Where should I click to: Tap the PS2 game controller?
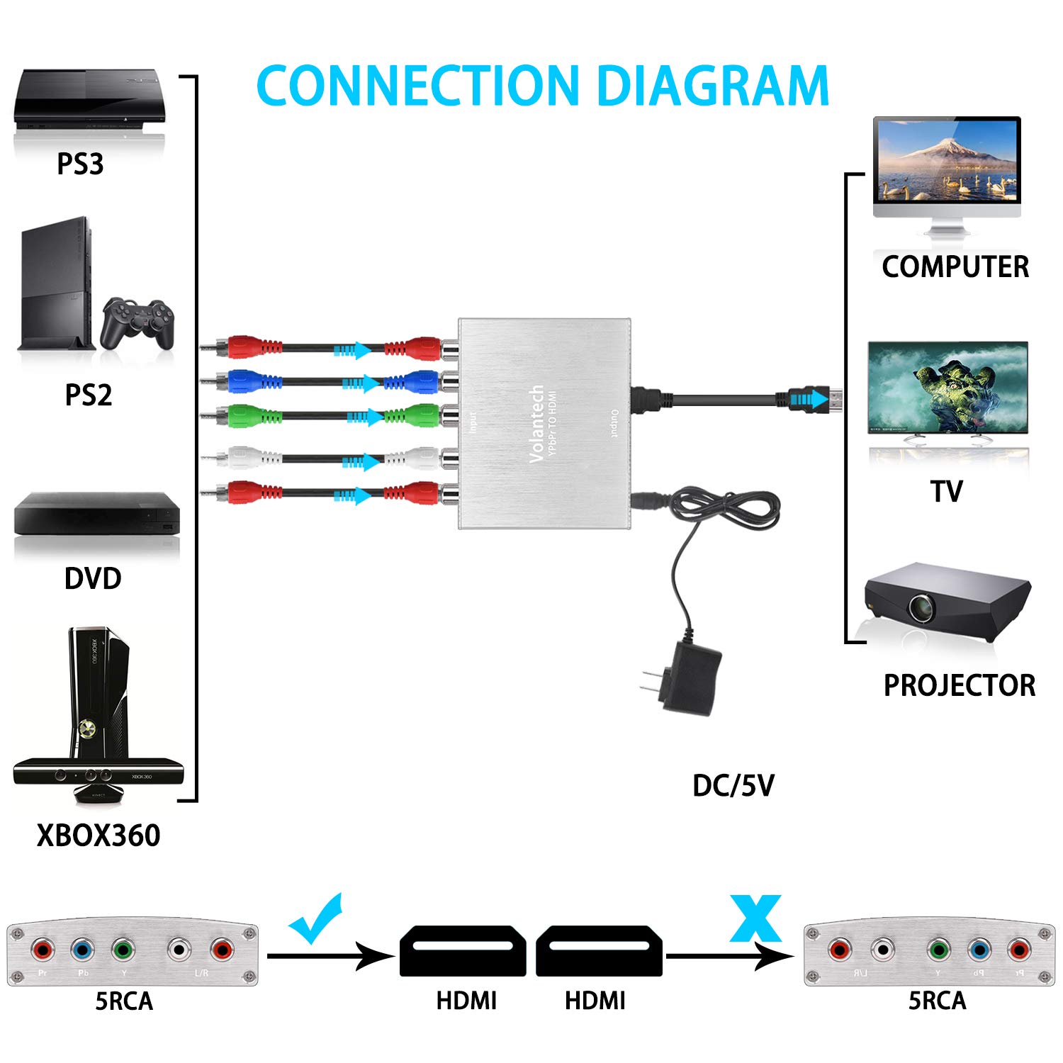pyautogui.click(x=137, y=323)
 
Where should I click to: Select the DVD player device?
pyautogui.click(x=96, y=516)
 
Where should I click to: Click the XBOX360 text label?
pyautogui.click(x=99, y=836)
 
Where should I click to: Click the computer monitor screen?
pyautogui.click(x=946, y=162)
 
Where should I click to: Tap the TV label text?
pyautogui.click(x=947, y=491)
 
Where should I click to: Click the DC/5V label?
pyautogui.click(x=733, y=785)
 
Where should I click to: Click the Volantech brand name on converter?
pyautogui.click(x=537, y=424)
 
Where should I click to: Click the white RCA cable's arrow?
pyautogui.click(x=361, y=462)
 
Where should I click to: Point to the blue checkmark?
pyautogui.click(x=317, y=918)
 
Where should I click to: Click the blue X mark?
pyautogui.click(x=755, y=918)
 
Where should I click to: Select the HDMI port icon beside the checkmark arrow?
pyautogui.click(x=462, y=950)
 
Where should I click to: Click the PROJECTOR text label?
pyautogui.click(x=959, y=685)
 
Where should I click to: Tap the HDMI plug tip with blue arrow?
pyautogui.click(x=815, y=400)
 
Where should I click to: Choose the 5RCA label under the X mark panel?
pyautogui.click(x=937, y=1001)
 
